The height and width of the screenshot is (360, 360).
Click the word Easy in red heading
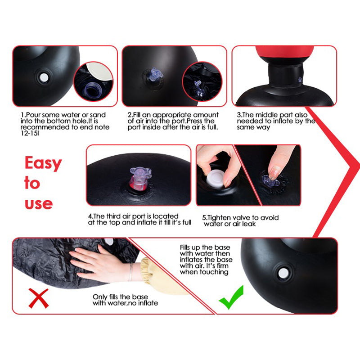tap(43, 163)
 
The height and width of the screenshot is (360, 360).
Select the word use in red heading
tap(38, 203)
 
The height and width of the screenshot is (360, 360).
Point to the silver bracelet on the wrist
tap(130, 272)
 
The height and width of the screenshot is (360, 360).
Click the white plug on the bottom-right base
tap(283, 273)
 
